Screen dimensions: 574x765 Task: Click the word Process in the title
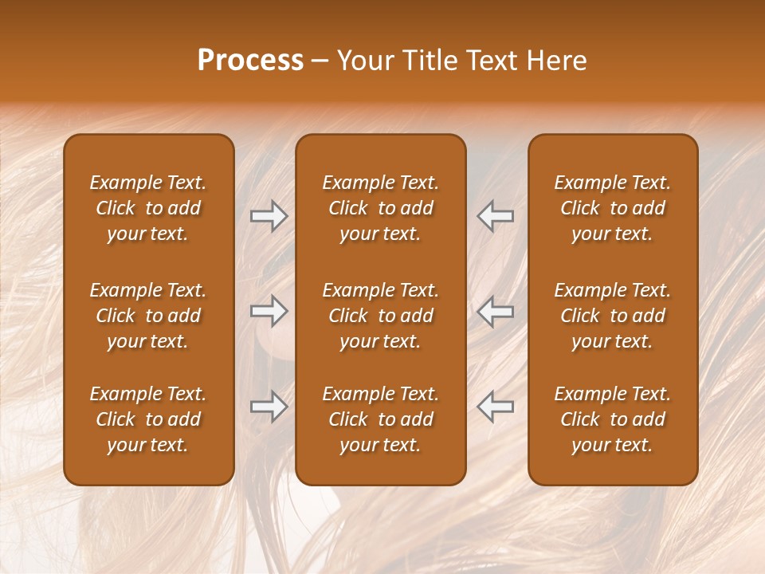pos(250,61)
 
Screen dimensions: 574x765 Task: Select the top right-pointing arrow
pos(269,216)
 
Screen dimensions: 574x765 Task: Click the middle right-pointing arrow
pos(269,312)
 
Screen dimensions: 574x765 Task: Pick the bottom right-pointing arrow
pos(269,407)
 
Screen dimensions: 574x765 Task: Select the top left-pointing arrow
pos(496,216)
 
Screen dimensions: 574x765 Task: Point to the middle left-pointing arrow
pos(496,312)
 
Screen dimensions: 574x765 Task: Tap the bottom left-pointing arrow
pos(496,407)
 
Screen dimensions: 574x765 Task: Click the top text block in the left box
pos(148,208)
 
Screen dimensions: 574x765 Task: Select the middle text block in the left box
pos(148,316)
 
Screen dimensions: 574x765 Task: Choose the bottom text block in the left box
pos(148,419)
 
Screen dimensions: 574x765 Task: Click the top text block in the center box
pos(380,208)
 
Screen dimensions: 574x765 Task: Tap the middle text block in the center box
pos(380,316)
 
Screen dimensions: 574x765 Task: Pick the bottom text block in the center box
pos(380,419)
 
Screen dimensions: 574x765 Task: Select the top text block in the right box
pos(613,208)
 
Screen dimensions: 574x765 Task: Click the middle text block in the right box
pos(613,316)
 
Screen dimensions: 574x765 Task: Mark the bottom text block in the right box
pos(613,419)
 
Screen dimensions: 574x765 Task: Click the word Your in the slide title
pos(363,61)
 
